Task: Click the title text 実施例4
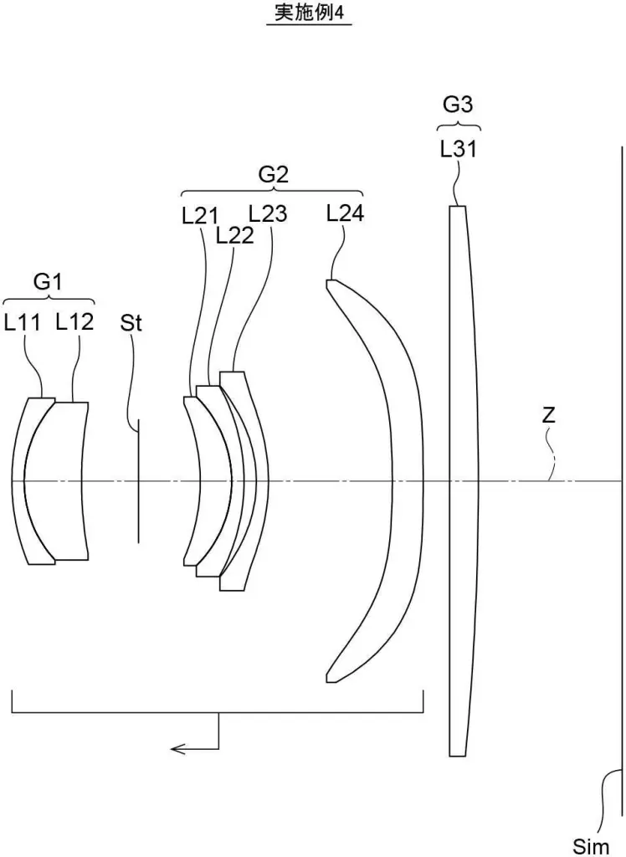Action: point(309,14)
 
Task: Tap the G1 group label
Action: point(48,283)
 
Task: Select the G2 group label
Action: point(274,175)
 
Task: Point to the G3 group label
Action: point(458,105)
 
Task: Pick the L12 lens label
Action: point(74,322)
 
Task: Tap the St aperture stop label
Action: point(131,323)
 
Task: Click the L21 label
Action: point(199,216)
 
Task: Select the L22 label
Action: point(234,235)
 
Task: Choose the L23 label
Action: point(268,214)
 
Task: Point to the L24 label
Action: point(345,213)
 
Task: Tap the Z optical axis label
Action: point(548,415)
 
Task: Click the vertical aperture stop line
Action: point(139,480)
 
